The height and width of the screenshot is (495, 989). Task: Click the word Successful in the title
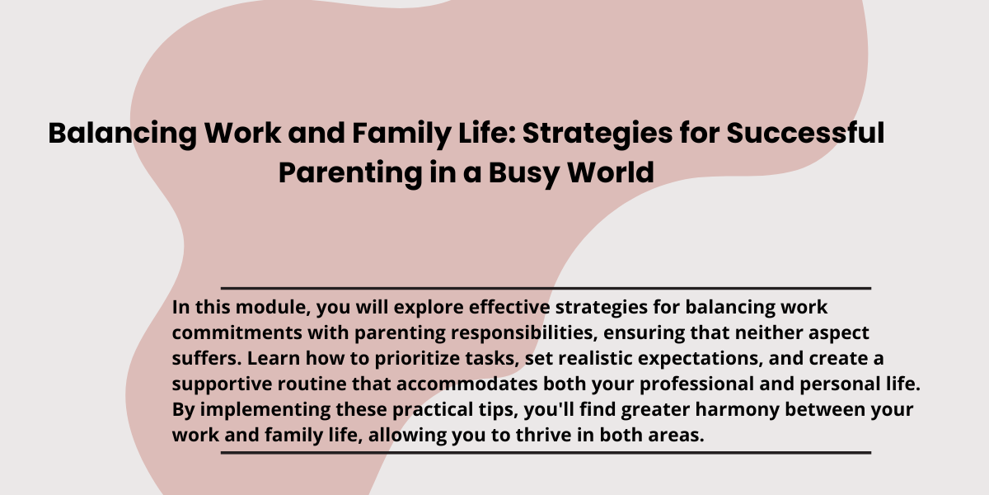tap(805, 133)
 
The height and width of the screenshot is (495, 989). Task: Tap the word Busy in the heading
tap(524, 173)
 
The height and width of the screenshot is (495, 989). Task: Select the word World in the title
tap(611, 172)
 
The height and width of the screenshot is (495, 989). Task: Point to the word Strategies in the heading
tap(598, 134)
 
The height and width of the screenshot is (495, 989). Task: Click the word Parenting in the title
tap(350, 173)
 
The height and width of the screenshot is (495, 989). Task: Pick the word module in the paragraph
tap(274, 307)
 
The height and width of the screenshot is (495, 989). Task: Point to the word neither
tap(769, 332)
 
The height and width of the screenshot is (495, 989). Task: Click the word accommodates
tap(467, 384)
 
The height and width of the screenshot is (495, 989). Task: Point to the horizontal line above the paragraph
tap(546, 288)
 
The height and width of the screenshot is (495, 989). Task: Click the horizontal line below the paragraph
tap(546, 453)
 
